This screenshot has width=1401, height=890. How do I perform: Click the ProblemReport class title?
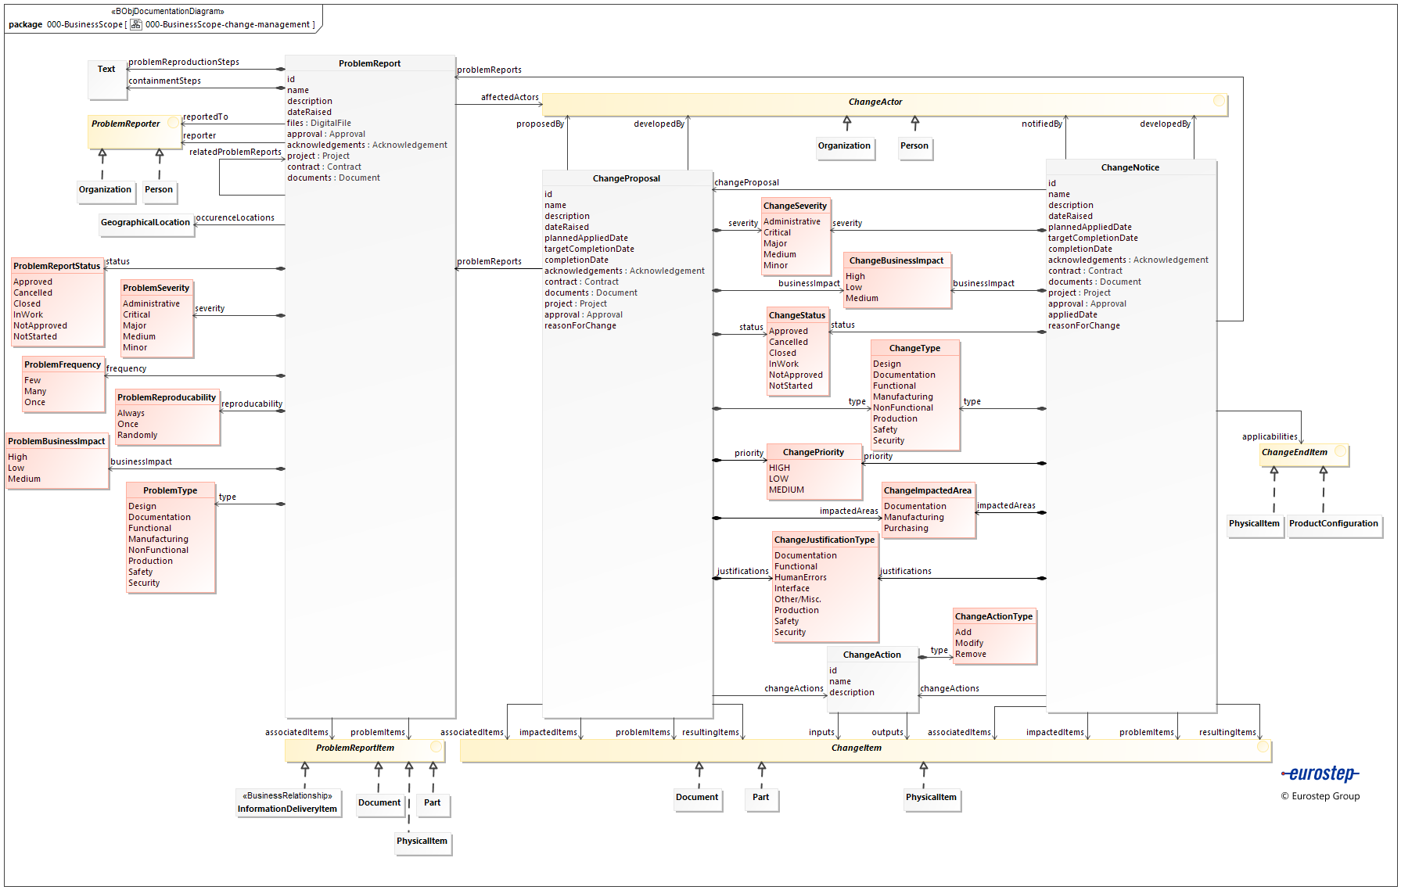pos(369,63)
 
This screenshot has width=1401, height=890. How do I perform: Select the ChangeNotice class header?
pos(1130,167)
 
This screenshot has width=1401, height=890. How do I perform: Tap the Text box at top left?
pos(106,70)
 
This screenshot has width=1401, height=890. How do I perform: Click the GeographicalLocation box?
pos(145,223)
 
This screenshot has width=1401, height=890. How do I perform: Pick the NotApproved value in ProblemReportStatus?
pos(40,325)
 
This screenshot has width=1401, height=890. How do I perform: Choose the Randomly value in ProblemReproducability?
pos(137,435)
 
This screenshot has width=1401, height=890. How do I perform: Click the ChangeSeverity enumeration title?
pos(795,206)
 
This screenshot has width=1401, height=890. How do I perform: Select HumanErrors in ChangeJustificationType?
pos(800,577)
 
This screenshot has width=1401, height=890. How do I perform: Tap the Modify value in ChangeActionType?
pos(969,643)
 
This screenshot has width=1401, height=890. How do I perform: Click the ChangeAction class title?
pos(871,655)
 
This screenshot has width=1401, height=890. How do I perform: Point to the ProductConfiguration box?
pos(1333,524)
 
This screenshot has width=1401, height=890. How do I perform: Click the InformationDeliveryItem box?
pos(287,809)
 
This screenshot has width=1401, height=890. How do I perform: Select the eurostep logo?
pos(1320,774)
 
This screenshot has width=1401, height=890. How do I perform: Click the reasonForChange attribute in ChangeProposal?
pos(580,325)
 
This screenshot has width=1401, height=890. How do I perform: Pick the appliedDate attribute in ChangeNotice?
pos(1072,314)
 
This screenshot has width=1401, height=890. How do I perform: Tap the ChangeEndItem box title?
pos(1294,452)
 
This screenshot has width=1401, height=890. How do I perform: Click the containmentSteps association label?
pos(164,81)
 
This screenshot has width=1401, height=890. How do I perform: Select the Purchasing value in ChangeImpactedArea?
pos(906,528)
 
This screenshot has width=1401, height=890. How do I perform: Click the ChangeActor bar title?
pos(875,102)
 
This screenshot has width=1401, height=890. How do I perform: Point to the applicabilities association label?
pos(1269,436)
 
